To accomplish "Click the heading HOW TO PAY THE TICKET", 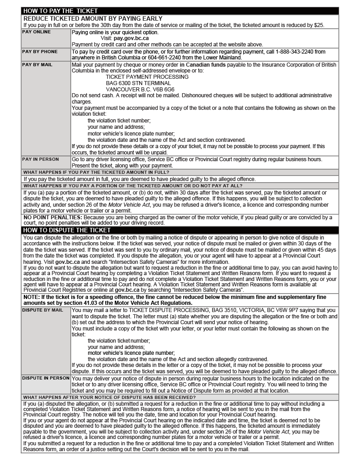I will [60, 11].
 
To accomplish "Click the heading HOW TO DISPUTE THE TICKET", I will [67, 230].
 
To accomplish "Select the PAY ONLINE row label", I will [36, 32].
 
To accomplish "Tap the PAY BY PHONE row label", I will [40, 52].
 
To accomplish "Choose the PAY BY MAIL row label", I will [37, 64].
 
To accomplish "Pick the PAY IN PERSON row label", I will [40, 159].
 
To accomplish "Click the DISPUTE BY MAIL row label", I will [43, 310].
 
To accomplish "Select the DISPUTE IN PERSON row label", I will [46, 378].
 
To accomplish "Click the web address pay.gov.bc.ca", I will [131, 38].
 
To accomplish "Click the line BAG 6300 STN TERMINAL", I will [138, 83].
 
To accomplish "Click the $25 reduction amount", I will [319, 25].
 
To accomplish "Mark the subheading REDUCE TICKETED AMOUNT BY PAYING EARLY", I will [93, 18].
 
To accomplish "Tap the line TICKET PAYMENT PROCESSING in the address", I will [147, 77].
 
